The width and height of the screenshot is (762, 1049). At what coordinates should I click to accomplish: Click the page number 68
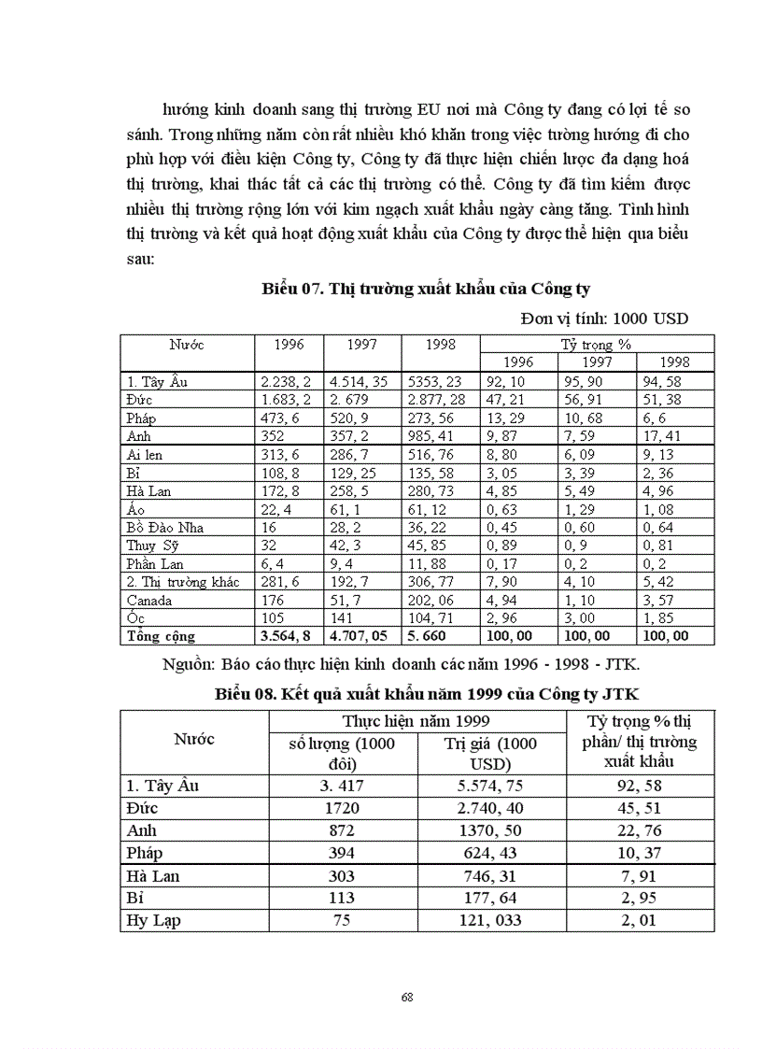click(x=406, y=997)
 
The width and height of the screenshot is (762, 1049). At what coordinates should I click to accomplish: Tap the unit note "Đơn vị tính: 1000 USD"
click(x=604, y=319)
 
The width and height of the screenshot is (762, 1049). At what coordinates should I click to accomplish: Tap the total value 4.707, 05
click(x=361, y=636)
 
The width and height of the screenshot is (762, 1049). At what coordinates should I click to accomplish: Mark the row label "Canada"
click(x=149, y=601)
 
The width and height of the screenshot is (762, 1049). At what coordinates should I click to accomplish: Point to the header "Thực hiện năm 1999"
click(x=416, y=721)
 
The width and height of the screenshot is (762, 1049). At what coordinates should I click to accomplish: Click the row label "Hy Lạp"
click(x=153, y=920)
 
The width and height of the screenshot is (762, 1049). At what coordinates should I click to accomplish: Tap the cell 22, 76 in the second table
click(x=640, y=830)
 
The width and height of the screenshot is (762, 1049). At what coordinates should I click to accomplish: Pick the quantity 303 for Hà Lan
click(x=343, y=875)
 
